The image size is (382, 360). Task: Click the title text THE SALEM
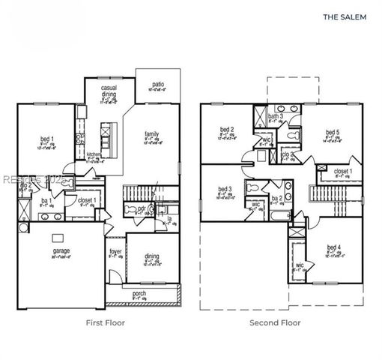pyautogui.click(x=344, y=15)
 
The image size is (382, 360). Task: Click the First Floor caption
pyautogui.click(x=104, y=322)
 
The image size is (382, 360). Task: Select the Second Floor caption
pyautogui.click(x=275, y=322)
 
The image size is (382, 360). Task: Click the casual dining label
pyautogui.click(x=114, y=90)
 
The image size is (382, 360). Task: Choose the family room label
pyautogui.click(x=152, y=134)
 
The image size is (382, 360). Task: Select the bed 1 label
pyautogui.click(x=46, y=139)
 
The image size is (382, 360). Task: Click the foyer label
pyautogui.click(x=116, y=252)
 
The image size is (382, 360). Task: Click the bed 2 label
pyautogui.click(x=228, y=130)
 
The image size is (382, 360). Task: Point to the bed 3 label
pyautogui.click(x=225, y=189)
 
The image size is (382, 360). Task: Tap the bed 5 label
pyautogui.click(x=333, y=133)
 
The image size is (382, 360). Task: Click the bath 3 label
pyautogui.click(x=276, y=116)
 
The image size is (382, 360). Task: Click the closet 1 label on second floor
pyautogui.click(x=342, y=171)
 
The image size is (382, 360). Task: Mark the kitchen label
pyautogui.click(x=94, y=155)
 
